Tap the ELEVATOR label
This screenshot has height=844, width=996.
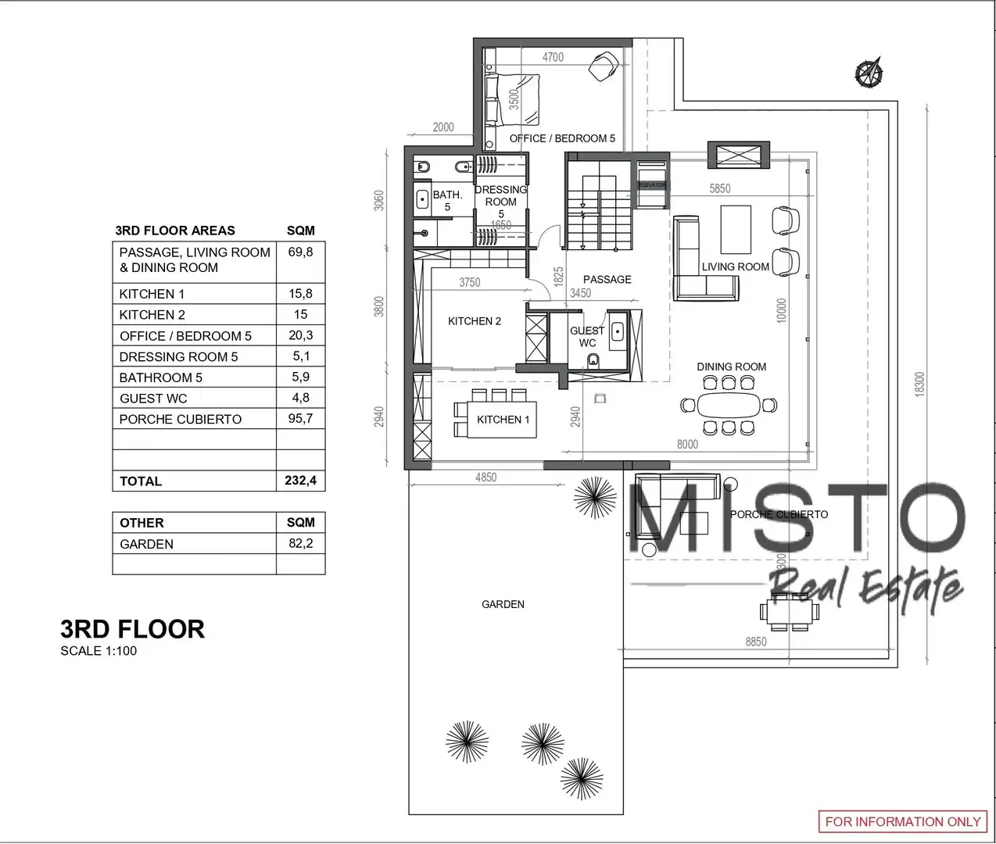[652, 185]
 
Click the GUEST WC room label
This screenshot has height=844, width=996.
[587, 337]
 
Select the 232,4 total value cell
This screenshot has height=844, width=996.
[301, 481]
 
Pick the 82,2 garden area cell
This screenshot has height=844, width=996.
[301, 543]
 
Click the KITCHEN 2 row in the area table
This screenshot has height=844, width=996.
[219, 314]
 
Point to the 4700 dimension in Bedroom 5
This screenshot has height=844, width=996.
[553, 57]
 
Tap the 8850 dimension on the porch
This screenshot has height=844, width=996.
[755, 642]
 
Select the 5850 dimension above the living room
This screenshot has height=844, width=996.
[720, 189]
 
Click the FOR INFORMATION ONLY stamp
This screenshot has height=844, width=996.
[903, 821]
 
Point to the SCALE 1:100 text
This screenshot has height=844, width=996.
[99, 651]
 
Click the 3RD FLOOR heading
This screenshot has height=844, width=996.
[132, 629]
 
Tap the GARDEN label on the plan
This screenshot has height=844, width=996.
[503, 604]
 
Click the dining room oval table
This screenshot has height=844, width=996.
[729, 405]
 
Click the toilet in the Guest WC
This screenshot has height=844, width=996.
[593, 360]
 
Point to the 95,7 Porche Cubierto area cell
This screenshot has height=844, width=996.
[301, 419]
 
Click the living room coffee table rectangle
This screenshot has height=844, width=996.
[736, 229]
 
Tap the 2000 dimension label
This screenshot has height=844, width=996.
[443, 127]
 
